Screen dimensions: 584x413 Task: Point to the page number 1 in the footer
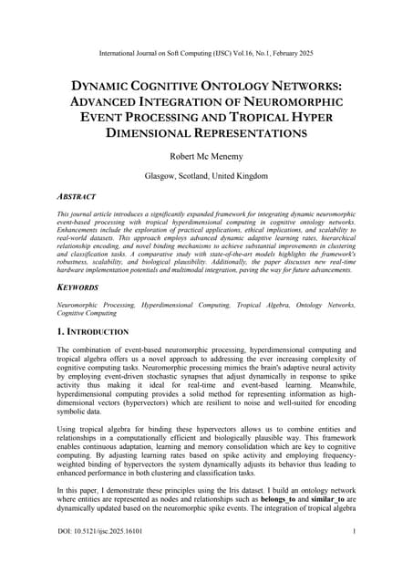click(x=353, y=558)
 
